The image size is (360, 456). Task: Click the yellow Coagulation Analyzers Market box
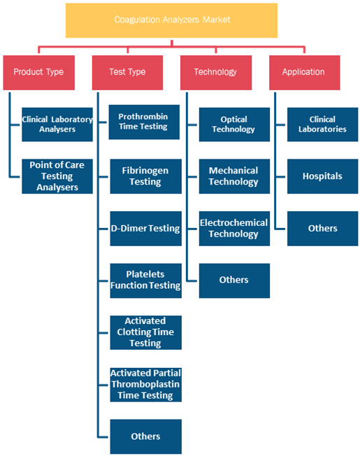[171, 20]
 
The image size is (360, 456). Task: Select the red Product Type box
[39, 73]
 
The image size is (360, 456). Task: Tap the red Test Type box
[127, 73]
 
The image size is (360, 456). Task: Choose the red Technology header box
[216, 73]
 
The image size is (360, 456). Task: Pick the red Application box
[305, 73]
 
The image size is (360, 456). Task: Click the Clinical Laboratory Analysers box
[57, 124]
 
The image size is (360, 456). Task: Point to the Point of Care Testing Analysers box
[57, 176]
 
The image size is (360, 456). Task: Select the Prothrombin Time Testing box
[144, 122]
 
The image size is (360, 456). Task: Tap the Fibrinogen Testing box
[146, 176]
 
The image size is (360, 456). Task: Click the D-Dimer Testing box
[146, 229]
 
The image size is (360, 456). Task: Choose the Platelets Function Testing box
[146, 280]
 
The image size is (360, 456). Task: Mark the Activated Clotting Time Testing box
[146, 332]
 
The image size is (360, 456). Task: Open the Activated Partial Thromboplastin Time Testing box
[146, 385]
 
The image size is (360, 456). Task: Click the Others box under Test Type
[146, 436]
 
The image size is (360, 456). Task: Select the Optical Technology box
[234, 124]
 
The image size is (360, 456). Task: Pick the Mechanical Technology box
[234, 176]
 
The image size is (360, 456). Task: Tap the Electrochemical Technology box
[234, 229]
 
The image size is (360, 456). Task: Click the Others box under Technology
[234, 280]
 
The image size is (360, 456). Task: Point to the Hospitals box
[323, 176]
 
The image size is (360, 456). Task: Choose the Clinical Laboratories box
[323, 124]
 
